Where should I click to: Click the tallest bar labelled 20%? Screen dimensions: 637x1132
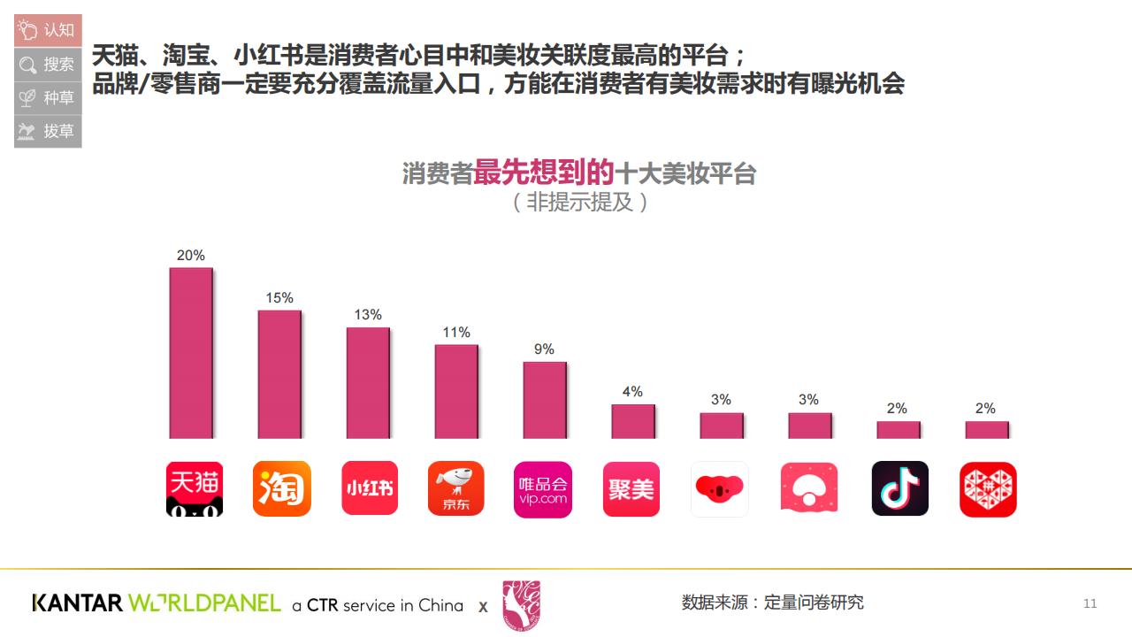click(191, 353)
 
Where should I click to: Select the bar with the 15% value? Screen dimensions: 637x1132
click(279, 374)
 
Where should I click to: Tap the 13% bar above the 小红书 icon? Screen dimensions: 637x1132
click(368, 383)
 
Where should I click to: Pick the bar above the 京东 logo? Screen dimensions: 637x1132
click(456, 391)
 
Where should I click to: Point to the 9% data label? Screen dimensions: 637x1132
click(544, 349)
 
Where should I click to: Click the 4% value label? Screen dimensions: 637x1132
click(632, 392)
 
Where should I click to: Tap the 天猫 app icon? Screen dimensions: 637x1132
click(195, 488)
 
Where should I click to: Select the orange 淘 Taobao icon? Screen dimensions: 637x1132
click(282, 488)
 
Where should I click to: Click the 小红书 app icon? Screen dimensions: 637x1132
click(370, 488)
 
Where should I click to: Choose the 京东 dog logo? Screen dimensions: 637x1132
click(456, 488)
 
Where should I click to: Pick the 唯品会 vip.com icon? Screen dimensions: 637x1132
click(543, 489)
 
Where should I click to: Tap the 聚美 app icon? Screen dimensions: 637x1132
click(631, 489)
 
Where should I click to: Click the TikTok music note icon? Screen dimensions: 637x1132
click(900, 488)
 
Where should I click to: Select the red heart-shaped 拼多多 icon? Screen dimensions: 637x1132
click(988, 489)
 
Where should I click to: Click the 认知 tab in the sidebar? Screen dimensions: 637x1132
click(48, 30)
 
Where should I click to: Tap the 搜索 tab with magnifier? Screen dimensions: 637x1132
click(48, 64)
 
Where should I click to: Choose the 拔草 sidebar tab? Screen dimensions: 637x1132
click(48, 131)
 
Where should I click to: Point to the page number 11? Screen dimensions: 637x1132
click(1090, 603)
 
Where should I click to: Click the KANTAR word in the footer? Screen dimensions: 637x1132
click(77, 603)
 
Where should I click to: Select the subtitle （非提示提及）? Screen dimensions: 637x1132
click(580, 202)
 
